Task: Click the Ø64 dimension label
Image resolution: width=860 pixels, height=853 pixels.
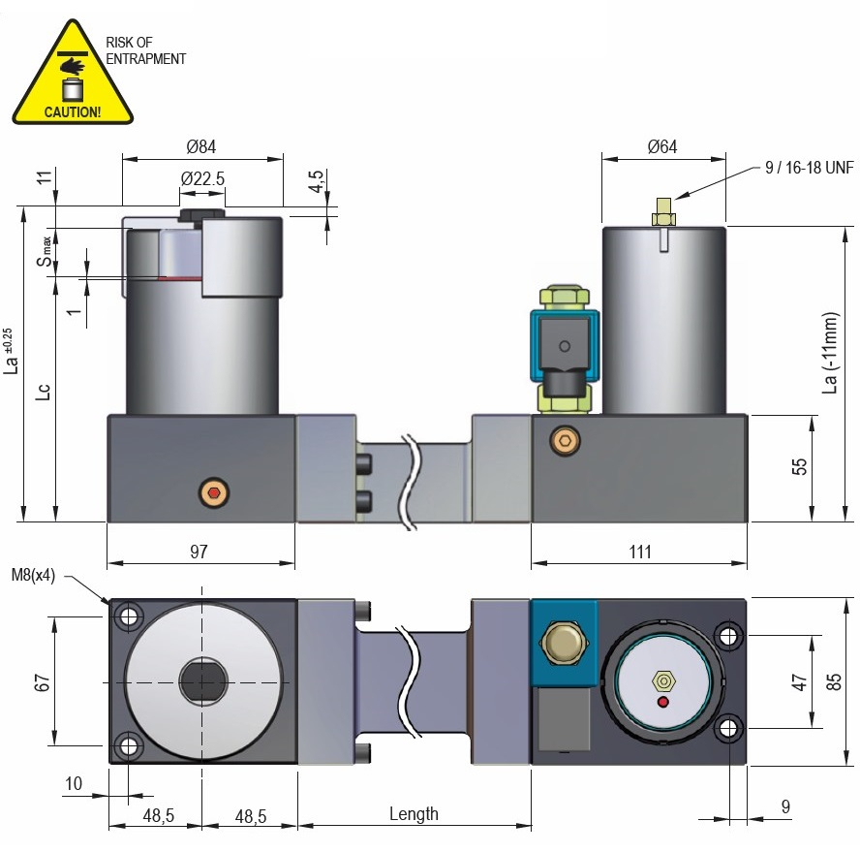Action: tap(662, 147)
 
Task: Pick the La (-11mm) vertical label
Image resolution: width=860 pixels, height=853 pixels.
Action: tap(829, 354)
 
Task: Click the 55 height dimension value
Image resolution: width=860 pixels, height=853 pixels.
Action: tap(799, 466)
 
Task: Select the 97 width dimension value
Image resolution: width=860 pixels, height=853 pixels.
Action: tap(199, 552)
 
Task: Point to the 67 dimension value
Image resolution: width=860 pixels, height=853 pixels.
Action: tap(42, 680)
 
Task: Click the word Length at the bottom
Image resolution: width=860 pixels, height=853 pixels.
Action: tap(414, 814)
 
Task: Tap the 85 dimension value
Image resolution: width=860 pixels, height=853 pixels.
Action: tap(834, 681)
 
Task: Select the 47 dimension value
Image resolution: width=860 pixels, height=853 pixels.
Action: tap(799, 681)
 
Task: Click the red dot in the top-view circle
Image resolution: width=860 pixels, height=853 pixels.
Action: tap(662, 702)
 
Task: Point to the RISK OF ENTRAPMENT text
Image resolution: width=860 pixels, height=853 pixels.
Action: tap(145, 51)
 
